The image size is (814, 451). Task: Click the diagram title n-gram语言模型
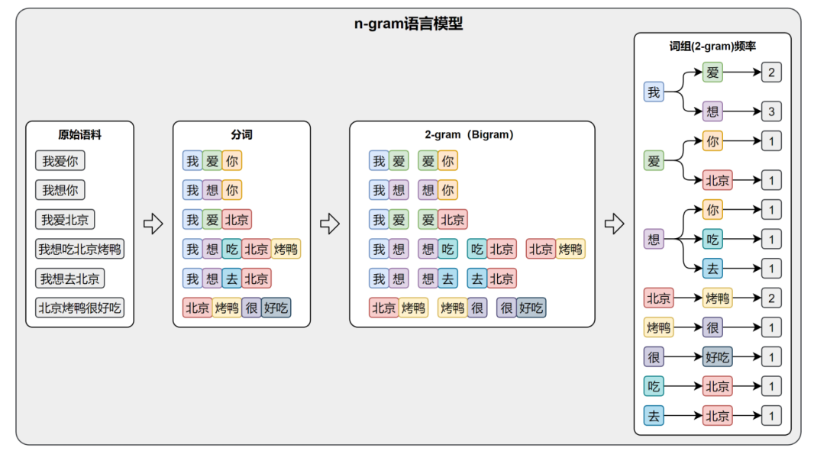[408, 24]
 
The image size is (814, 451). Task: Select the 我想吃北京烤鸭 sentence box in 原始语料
[79, 249]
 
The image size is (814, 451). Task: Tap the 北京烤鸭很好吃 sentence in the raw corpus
[81, 308]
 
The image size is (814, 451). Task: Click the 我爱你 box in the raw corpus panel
[60, 161]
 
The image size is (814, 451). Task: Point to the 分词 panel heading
[241, 134]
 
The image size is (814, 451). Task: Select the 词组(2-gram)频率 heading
[712, 46]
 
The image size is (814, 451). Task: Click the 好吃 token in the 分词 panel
[276, 308]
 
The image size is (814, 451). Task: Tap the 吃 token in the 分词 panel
[231, 249]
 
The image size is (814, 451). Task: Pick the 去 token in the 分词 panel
[231, 279]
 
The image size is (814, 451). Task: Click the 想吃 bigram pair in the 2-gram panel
[438, 249]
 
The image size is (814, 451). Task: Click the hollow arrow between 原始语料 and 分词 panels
[153, 224]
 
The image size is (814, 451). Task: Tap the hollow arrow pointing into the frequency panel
[614, 224]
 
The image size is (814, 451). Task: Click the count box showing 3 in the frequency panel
[770, 112]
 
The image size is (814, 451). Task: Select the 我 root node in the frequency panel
[654, 92]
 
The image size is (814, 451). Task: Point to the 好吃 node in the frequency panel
[717, 356]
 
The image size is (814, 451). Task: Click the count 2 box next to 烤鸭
[770, 298]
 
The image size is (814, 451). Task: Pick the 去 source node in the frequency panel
[654, 416]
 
